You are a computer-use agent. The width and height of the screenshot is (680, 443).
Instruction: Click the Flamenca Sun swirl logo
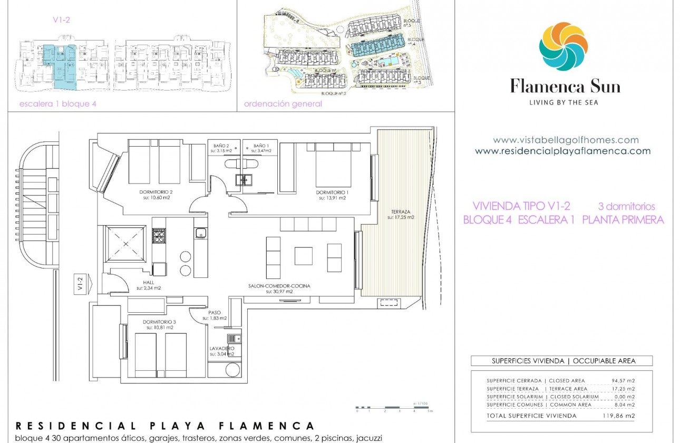563,46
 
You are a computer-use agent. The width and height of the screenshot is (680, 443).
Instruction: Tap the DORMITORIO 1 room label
332,192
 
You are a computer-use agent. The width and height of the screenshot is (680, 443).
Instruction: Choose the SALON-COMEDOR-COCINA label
279,286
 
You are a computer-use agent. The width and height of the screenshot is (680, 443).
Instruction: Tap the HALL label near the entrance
148,283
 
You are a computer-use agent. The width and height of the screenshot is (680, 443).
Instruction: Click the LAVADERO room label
221,349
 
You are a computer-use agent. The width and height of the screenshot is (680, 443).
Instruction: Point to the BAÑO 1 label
261,146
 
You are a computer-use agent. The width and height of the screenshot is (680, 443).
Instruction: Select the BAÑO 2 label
221,146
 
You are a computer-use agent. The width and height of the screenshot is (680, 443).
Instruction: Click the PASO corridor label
215,312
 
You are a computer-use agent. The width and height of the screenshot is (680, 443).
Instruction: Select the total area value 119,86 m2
618,416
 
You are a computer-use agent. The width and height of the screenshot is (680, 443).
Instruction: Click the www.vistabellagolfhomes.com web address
566,140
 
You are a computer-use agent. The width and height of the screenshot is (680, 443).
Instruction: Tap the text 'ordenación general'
283,104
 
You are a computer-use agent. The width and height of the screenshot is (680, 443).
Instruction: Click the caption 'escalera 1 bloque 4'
58,104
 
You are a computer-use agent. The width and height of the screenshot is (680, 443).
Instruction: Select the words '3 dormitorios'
626,206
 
